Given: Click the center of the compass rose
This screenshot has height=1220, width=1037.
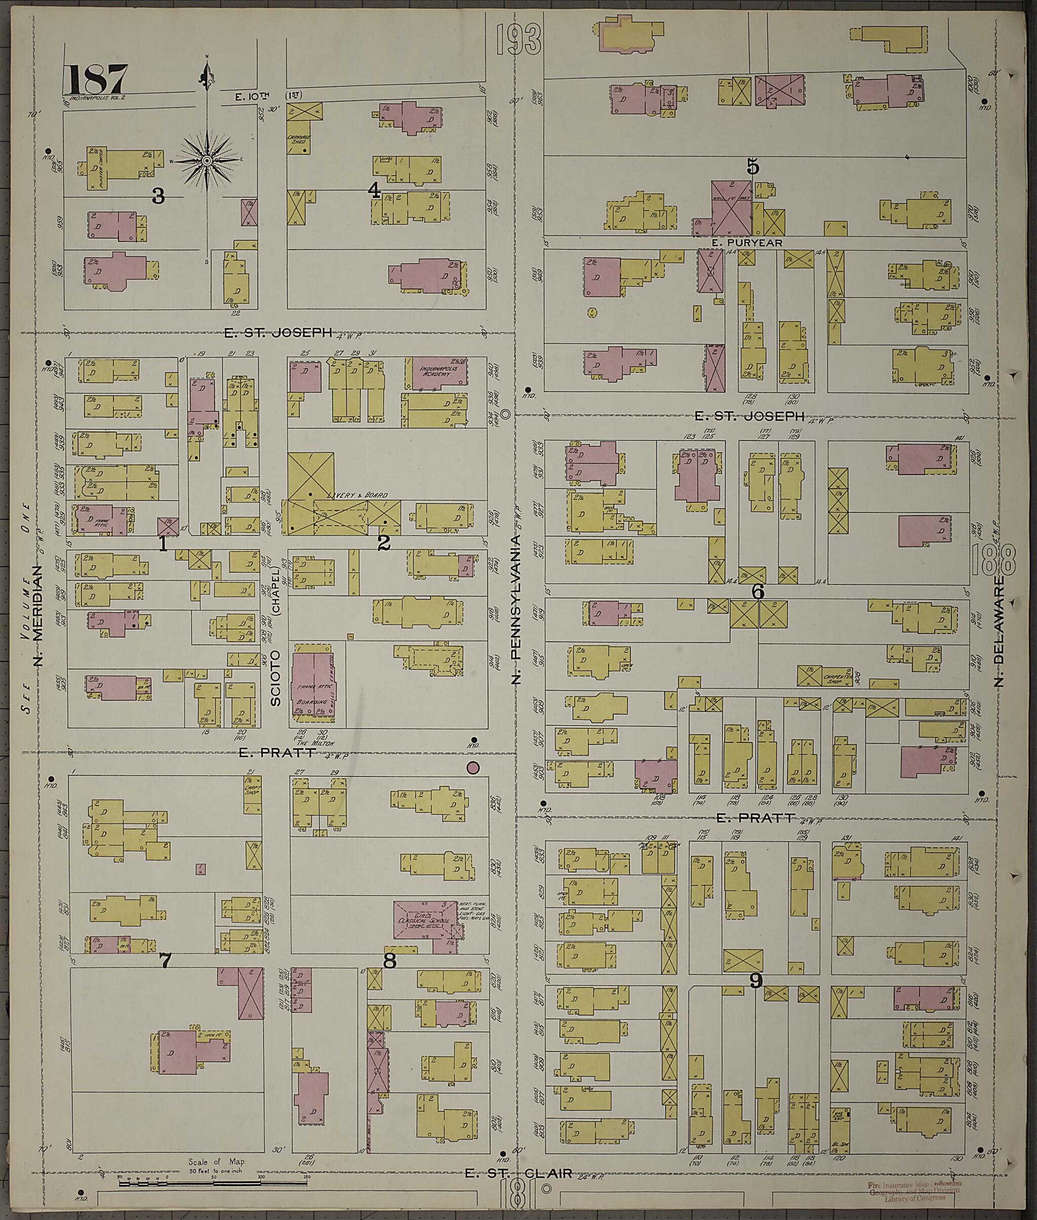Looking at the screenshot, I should [x=207, y=160].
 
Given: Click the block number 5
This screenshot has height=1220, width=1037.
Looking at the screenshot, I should [x=753, y=168].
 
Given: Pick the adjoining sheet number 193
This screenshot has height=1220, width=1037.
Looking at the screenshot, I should [x=517, y=40].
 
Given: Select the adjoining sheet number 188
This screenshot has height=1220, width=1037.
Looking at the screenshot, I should [x=993, y=560].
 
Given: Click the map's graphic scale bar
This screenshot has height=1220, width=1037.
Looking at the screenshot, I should [x=214, y=1178].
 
